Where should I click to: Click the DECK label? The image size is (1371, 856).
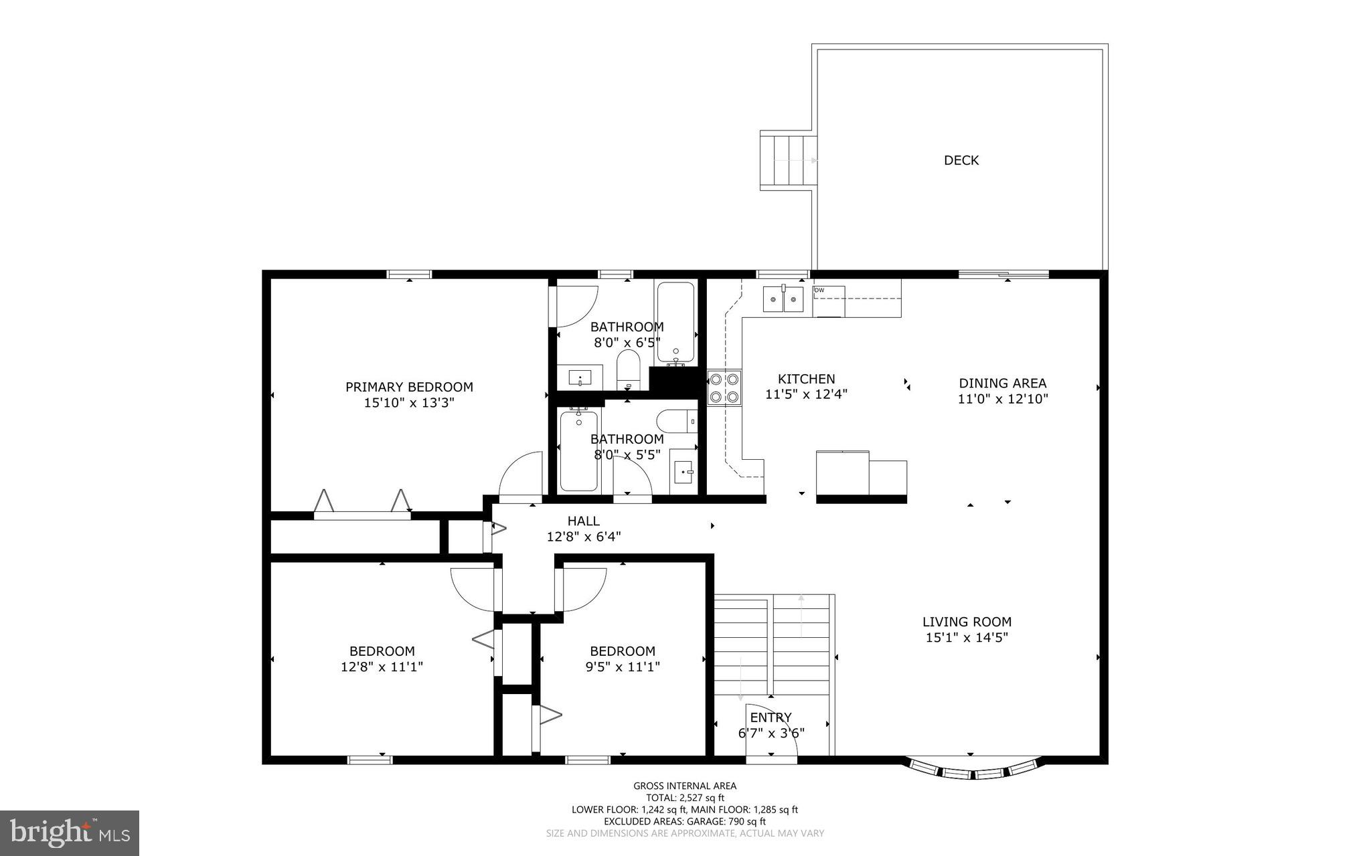pyautogui.click(x=961, y=160)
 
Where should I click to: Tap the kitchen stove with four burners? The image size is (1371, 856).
pyautogui.click(x=724, y=388)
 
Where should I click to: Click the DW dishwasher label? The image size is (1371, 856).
pyautogui.click(x=819, y=290)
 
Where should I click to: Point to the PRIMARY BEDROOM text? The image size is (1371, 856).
pyautogui.click(x=409, y=387)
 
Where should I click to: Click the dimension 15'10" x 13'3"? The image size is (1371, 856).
pyautogui.click(x=409, y=403)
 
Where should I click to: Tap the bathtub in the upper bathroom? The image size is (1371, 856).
pyautogui.click(x=675, y=322)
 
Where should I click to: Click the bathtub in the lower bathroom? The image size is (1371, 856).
pyautogui.click(x=578, y=450)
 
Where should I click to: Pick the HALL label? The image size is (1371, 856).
pyautogui.click(x=583, y=521)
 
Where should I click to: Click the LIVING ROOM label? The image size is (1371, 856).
pyautogui.click(x=967, y=622)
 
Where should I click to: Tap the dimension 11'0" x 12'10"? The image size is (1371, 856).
pyautogui.click(x=1002, y=399)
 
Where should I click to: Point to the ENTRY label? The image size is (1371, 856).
pyautogui.click(x=775, y=717)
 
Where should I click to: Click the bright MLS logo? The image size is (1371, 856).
pyautogui.click(x=70, y=832)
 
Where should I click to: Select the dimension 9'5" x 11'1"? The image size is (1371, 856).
pyautogui.click(x=622, y=667)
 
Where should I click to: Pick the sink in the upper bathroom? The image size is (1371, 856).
pyautogui.click(x=580, y=377)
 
